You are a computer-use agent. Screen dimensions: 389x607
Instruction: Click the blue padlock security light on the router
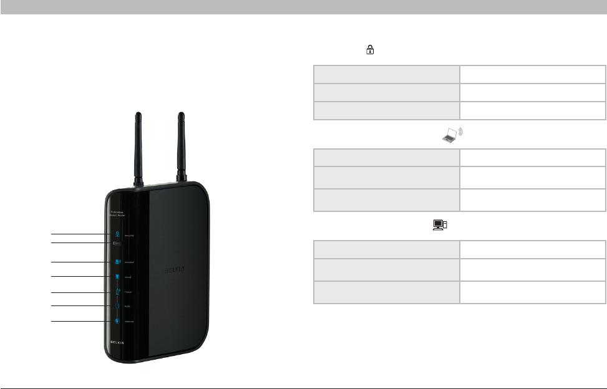(x=117, y=234)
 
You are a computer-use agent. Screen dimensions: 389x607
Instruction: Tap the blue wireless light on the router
(x=117, y=262)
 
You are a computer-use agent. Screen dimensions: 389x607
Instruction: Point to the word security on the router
(x=130, y=236)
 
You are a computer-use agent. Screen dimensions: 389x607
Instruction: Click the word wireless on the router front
(x=130, y=262)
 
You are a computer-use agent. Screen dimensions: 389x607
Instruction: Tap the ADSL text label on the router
(x=127, y=307)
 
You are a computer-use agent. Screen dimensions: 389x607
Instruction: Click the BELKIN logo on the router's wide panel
(x=174, y=272)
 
